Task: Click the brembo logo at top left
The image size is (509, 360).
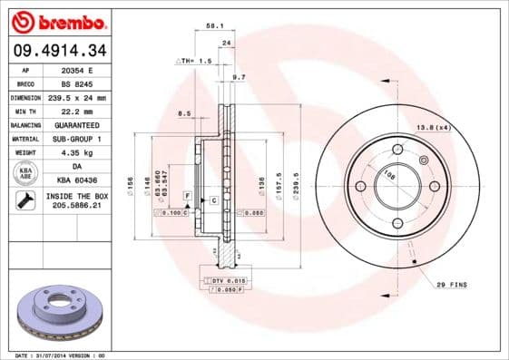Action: [57, 21]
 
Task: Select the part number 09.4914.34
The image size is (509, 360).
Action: [57, 49]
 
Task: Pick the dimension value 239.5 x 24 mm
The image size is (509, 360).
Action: [76, 97]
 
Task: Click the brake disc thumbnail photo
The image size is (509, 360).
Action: [57, 312]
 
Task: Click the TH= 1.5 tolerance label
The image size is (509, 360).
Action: [193, 61]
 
